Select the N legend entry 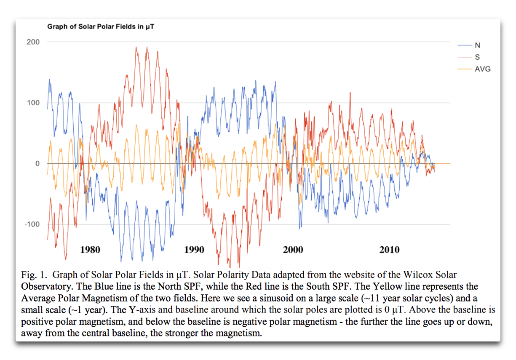coord(477,45)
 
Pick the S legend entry coord(477,57)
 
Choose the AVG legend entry coord(482,69)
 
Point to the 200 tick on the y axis coord(34,42)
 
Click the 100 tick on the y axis coord(34,103)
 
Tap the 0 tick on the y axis coord(37,163)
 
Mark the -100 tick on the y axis coord(32,224)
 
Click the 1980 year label coord(90,250)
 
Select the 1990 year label coord(194,250)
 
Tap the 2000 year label coord(293,250)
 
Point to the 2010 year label coord(389,250)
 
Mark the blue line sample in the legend coord(465,45)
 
